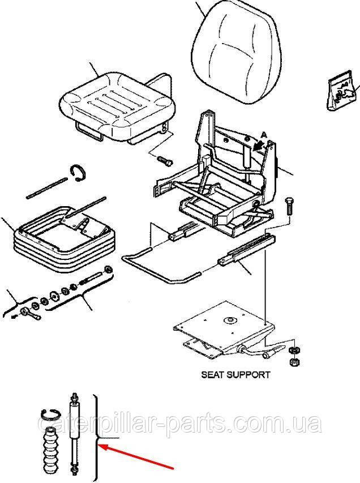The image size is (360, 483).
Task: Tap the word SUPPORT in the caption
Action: [x=250, y=374]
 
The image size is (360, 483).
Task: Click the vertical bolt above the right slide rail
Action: [x=290, y=207]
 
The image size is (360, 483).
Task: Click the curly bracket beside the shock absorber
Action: [x=101, y=436]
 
